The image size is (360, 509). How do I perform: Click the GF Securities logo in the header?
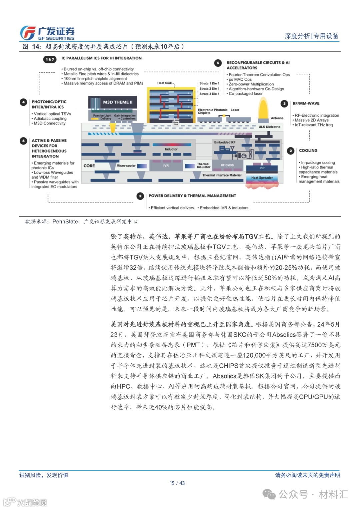(x=47, y=33)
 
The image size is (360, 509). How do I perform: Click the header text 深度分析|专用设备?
(x=311, y=36)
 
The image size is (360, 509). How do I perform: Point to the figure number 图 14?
(x=32, y=47)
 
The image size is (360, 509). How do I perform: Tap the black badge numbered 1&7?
(x=50, y=59)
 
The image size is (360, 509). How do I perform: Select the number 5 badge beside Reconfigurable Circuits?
(x=218, y=63)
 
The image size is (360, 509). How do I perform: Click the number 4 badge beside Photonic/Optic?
(x=23, y=102)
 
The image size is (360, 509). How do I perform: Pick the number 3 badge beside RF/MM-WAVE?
(x=284, y=104)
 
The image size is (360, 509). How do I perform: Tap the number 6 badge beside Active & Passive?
(x=23, y=141)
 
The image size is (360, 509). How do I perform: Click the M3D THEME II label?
(x=117, y=102)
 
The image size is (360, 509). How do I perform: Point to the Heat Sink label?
(x=165, y=83)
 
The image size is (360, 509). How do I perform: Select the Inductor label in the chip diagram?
(x=171, y=149)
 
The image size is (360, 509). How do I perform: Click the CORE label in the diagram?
(x=89, y=166)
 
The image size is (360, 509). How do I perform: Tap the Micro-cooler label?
(x=126, y=165)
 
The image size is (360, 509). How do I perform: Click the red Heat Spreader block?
(x=262, y=178)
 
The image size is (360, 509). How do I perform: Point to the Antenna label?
(x=277, y=118)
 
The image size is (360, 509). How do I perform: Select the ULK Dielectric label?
(x=269, y=127)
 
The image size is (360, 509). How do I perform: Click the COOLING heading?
(x=308, y=151)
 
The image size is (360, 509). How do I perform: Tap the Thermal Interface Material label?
(x=222, y=175)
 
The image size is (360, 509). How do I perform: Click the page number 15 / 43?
(x=177, y=483)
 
